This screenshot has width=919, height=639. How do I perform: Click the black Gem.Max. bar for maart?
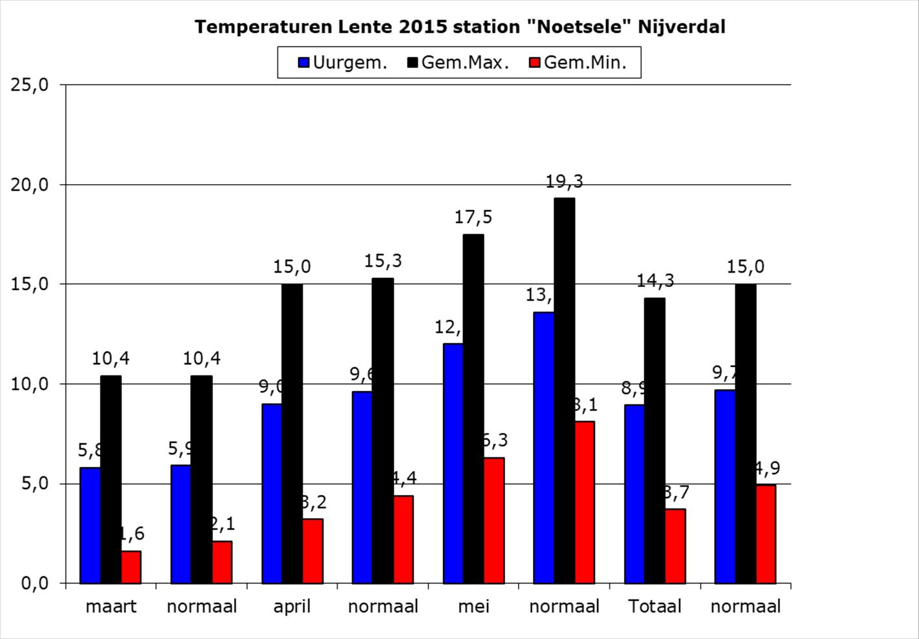111,479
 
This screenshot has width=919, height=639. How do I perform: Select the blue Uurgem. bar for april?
272,493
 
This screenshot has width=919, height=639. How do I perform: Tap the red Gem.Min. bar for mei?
494,520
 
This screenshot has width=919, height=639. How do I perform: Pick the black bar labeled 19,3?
565,390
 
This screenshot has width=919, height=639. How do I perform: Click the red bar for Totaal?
675,546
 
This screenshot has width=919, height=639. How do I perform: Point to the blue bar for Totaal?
634,494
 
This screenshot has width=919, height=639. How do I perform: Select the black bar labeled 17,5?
473,408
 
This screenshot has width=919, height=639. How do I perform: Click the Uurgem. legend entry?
343,63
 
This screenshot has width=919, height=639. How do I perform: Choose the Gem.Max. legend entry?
458,63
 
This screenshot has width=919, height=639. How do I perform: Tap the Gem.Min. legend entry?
578,63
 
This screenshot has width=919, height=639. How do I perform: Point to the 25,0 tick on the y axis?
31,85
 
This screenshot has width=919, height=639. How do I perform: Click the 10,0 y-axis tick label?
31,384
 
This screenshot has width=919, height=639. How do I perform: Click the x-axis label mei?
473,607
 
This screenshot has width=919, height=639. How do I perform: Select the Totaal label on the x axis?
655,607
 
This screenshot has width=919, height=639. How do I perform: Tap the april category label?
292,607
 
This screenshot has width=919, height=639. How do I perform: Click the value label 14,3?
654,280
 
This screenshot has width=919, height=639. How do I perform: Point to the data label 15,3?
383,260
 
